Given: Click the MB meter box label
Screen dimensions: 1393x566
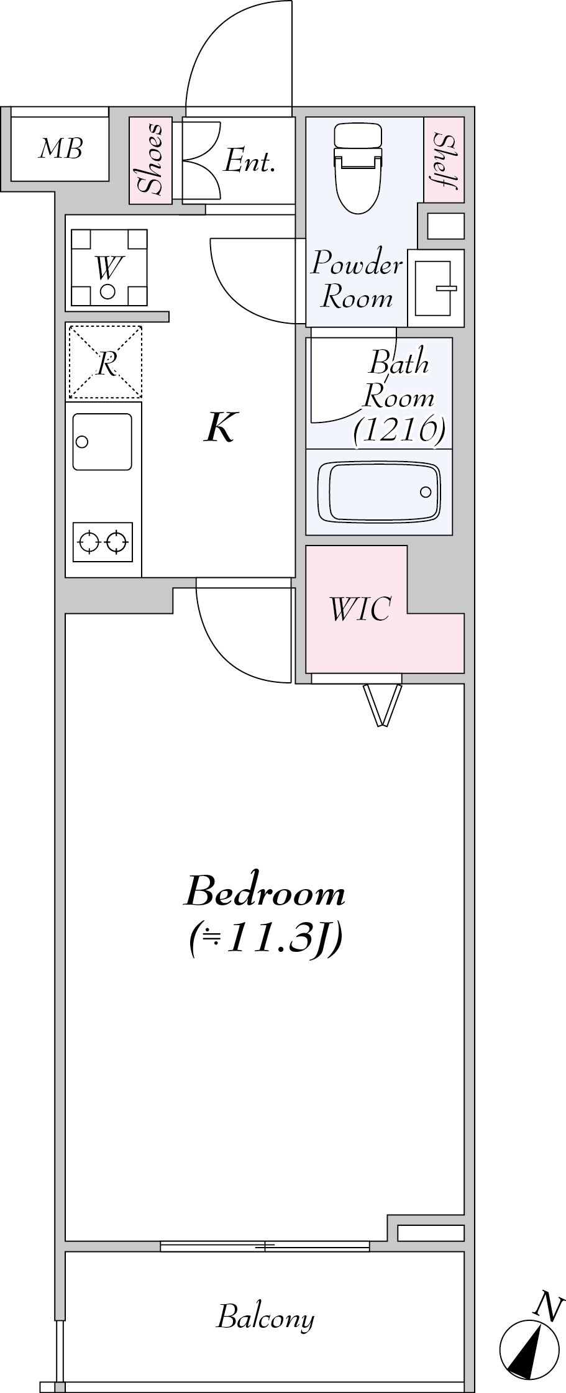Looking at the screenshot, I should coord(60,149).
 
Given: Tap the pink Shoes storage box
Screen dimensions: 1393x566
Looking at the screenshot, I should coord(150,160).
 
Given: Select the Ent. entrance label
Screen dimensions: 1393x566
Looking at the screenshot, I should coord(249,162).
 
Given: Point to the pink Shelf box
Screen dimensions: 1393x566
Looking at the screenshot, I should coord(444,160).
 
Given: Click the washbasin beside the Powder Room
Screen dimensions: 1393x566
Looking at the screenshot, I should coord(436,288).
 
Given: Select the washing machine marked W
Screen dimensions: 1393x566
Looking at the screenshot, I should coord(109,268).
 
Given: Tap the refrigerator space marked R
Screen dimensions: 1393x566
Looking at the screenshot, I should coord(106,362).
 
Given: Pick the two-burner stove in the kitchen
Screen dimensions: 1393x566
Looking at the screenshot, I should coord(103,542).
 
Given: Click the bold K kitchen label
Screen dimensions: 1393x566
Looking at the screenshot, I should coord(219,428).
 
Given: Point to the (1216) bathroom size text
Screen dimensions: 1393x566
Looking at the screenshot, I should coord(399,430).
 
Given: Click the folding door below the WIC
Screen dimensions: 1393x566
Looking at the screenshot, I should coord(381,703).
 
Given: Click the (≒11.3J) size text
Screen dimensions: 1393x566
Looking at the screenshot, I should coord(265,940).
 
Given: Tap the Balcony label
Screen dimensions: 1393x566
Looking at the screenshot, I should coord(265,1318).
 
